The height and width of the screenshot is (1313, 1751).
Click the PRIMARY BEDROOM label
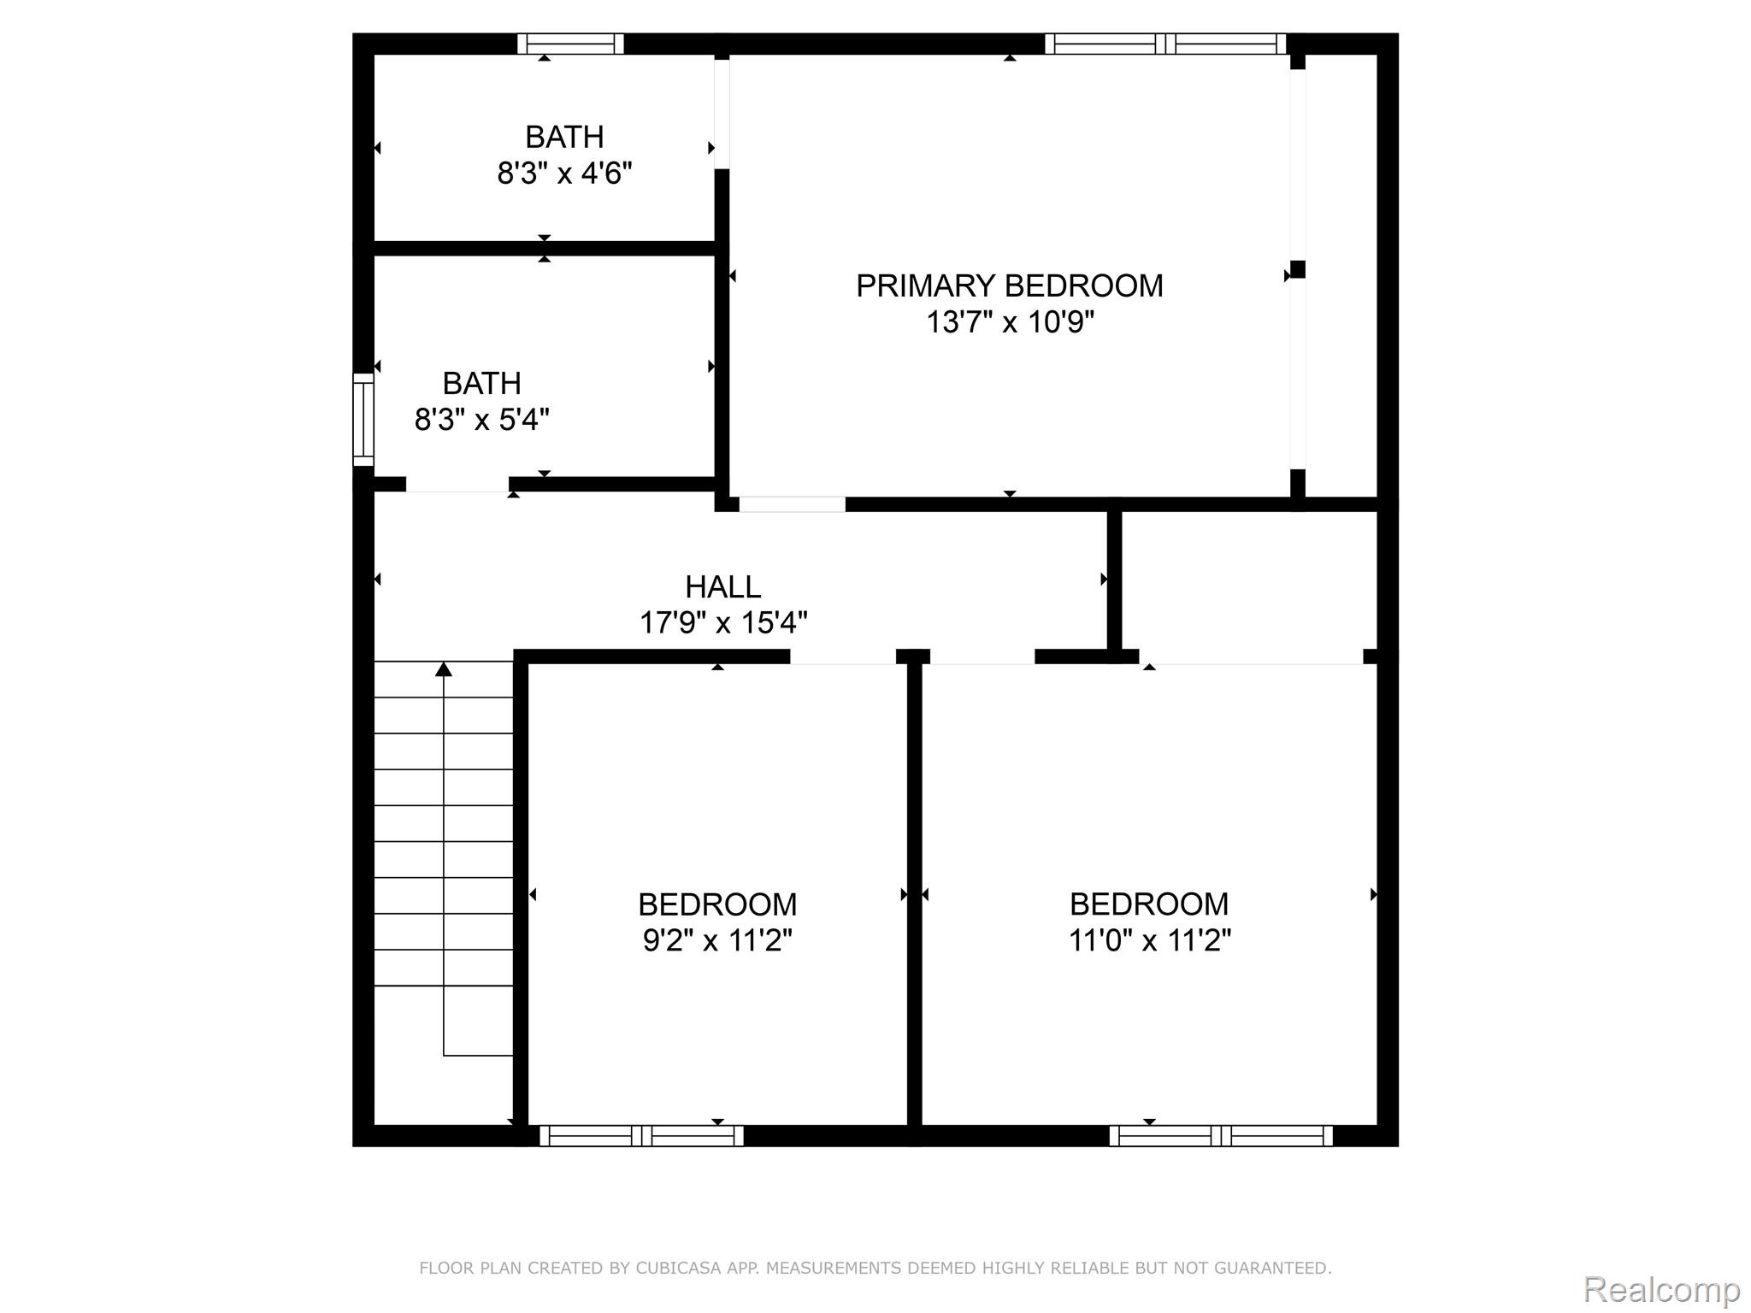(x=1009, y=286)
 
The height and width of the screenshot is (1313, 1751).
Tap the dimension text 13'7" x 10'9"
(x=1010, y=323)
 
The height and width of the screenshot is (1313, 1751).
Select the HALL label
(x=722, y=587)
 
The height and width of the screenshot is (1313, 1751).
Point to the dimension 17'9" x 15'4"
(x=723, y=623)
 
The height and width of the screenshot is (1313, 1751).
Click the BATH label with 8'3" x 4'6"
(x=564, y=137)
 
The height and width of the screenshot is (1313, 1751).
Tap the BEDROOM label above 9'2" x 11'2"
(x=717, y=904)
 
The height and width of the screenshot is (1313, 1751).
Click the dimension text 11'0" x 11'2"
(x=1149, y=941)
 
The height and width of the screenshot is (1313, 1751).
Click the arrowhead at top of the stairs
(x=443, y=668)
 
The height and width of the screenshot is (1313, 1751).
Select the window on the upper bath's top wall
(x=570, y=44)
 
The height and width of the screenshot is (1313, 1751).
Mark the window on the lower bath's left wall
(x=363, y=420)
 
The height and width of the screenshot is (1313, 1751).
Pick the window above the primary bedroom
(x=1165, y=44)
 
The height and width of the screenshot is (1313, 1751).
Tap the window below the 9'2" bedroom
(x=641, y=1135)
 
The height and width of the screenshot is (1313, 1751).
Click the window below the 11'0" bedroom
(x=1220, y=1135)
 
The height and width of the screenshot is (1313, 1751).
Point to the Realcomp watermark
(x=1661, y=1288)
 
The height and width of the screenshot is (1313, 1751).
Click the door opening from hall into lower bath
(x=457, y=485)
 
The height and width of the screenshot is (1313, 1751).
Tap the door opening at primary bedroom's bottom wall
(x=792, y=504)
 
